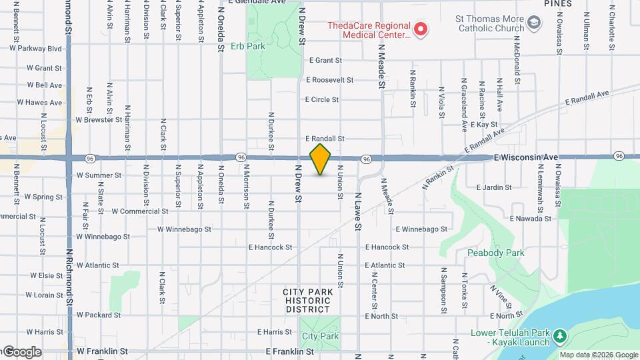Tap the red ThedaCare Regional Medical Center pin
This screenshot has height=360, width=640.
click(x=420, y=29)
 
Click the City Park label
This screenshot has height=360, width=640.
click(x=320, y=337)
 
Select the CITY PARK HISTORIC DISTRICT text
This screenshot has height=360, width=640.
click(x=307, y=301)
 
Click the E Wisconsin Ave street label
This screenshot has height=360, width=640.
click(x=526, y=157)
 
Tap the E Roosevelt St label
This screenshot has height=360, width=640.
click(x=331, y=80)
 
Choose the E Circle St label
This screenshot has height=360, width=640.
click(x=322, y=99)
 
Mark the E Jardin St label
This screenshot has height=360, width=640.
click(x=494, y=188)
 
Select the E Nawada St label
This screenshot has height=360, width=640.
click(x=531, y=218)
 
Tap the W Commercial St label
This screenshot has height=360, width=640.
click(x=139, y=211)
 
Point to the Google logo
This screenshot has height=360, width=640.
click(x=21, y=352)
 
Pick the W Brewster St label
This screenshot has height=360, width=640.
click(x=99, y=120)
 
